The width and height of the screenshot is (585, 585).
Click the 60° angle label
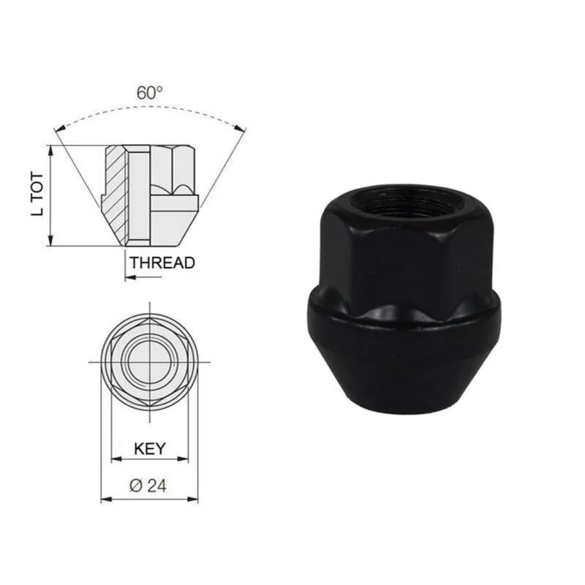coord(149,93)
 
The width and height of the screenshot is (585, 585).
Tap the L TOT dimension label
coord(37,194)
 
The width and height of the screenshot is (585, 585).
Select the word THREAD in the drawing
coord(162,263)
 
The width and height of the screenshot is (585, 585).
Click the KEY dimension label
coord(150,448)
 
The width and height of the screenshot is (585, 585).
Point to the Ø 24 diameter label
coord(148,486)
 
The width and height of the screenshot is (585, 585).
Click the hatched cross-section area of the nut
coord(115,194)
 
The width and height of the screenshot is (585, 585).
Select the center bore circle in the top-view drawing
coord(150,362)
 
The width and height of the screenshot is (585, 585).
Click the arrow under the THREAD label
coord(143,277)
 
